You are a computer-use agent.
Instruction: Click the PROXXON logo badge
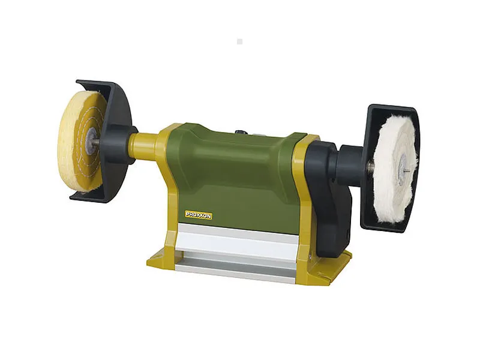coord(199,215)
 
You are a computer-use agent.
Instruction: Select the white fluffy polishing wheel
coord(395,168)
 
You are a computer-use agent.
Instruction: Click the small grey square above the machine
coord(239,41)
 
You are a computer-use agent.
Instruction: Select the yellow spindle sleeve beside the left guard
coord(145,145)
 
